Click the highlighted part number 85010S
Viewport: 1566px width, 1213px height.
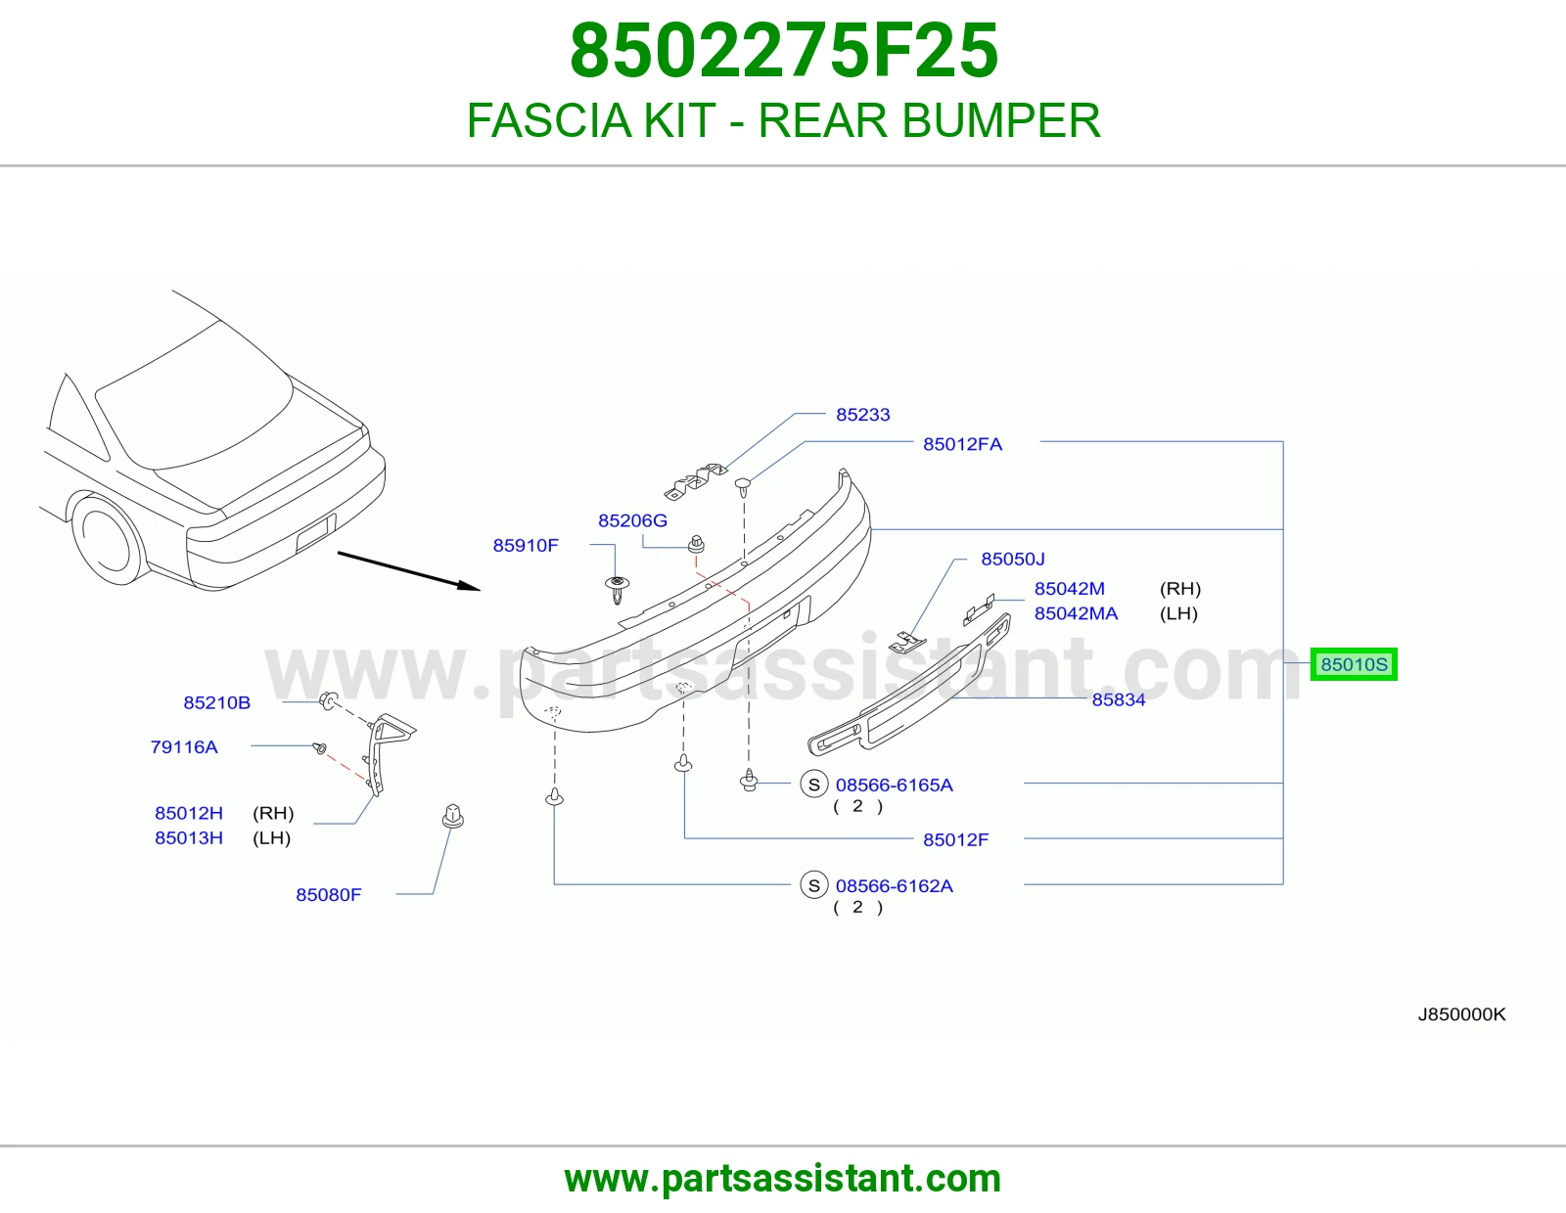tap(1354, 664)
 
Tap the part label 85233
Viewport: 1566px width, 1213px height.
tap(862, 415)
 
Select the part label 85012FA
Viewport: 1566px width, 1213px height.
tap(962, 444)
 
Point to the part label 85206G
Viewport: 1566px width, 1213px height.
tap(632, 520)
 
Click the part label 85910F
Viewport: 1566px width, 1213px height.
tap(526, 546)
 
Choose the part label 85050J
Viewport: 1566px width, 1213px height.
tap(1013, 559)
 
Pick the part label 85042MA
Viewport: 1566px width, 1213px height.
tap(1076, 613)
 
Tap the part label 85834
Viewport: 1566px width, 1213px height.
tap(1119, 700)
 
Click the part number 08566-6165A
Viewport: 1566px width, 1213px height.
tap(894, 786)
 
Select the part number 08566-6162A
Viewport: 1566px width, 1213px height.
tap(894, 886)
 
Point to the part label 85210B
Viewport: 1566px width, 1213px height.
tap(216, 703)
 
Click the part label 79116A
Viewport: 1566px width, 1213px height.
tap(184, 747)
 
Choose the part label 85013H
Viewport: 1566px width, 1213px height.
tap(189, 838)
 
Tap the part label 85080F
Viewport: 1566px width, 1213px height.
tap(329, 895)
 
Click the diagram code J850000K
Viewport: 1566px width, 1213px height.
tap(1461, 1015)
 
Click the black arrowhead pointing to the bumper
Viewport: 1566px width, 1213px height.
tap(470, 586)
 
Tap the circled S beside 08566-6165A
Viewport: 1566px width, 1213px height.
tap(813, 786)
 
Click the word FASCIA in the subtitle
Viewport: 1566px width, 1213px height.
tap(550, 120)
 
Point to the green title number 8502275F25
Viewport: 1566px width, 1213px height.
tap(783, 51)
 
